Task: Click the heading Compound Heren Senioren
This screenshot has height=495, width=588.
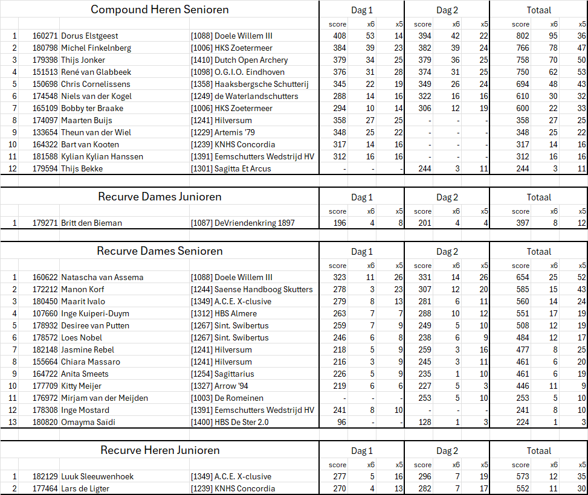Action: tap(160, 10)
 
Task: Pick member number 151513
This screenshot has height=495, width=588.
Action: tap(45, 72)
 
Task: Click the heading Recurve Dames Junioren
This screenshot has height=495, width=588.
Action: tap(160, 197)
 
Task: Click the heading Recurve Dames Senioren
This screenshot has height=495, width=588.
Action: tap(160, 251)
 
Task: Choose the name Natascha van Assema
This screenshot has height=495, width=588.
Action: tap(102, 277)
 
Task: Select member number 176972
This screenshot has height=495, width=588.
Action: tap(45, 398)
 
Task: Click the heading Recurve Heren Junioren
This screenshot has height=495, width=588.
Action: tap(160, 450)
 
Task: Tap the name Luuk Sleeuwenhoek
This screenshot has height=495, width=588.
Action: tap(97, 476)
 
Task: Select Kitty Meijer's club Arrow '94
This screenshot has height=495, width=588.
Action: tap(230, 386)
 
